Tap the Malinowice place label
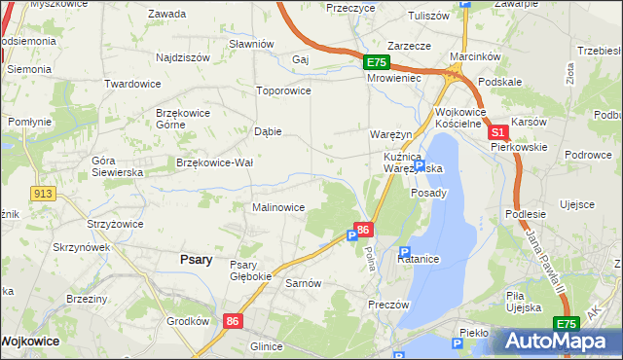click(278, 207)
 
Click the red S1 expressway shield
click(497, 132)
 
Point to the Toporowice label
click(282, 90)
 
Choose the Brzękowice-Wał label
click(214, 162)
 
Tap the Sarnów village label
click(303, 283)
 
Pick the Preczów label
click(387, 303)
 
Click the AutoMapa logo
click(558, 342)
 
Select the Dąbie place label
click(268, 130)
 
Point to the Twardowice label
click(132, 84)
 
